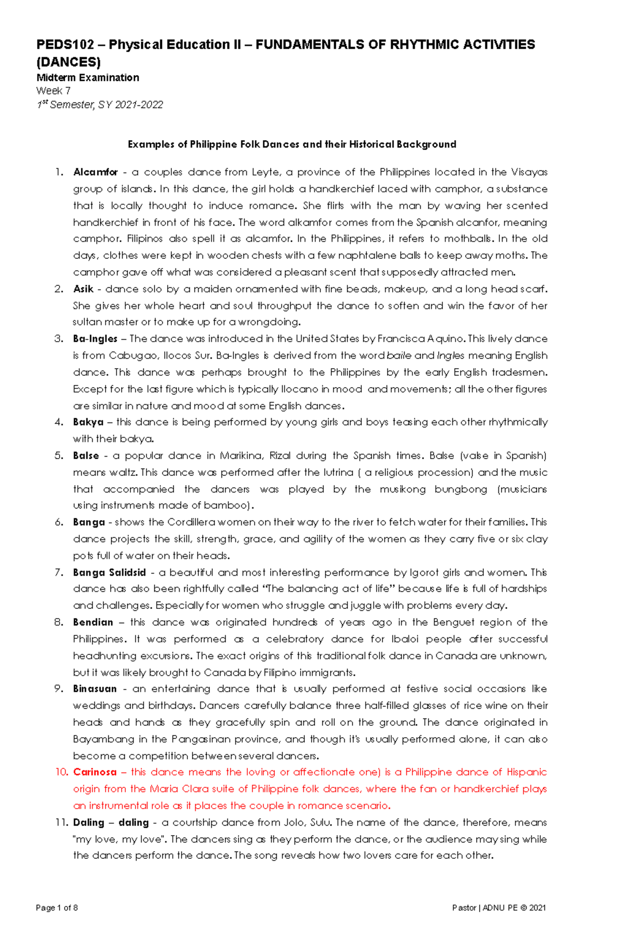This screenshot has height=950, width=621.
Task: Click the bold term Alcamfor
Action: point(96,172)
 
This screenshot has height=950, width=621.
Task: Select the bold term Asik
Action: point(83,289)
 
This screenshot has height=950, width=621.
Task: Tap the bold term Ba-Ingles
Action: point(95,339)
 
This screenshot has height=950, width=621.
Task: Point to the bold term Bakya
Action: point(88,422)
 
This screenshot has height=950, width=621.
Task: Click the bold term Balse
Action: point(86,456)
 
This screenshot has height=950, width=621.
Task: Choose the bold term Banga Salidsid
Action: point(109,573)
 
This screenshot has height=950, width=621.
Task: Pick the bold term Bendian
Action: point(93,622)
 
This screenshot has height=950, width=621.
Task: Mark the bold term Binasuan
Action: point(95,689)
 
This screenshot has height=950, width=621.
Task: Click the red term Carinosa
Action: point(95,772)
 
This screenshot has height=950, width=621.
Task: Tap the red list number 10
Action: point(62,772)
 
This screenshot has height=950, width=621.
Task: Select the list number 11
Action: point(62,822)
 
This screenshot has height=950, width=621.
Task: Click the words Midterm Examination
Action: point(87,78)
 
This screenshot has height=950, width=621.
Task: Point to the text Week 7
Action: point(53,91)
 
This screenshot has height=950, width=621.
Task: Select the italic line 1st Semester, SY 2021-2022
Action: point(99,105)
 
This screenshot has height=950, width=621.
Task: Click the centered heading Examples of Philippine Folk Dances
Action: point(292,144)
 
